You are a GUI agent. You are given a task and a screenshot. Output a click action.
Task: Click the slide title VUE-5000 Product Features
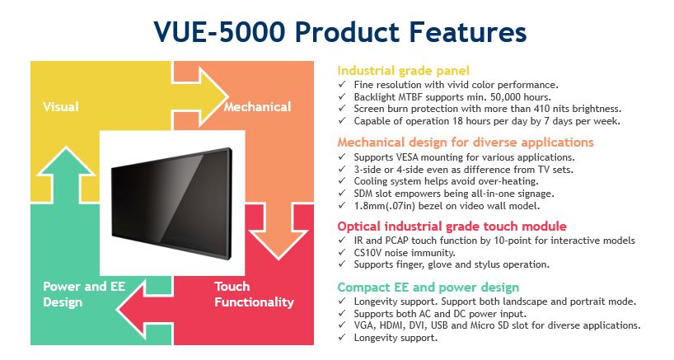tap(340, 32)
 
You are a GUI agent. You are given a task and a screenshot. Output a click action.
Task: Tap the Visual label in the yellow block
tap(61, 106)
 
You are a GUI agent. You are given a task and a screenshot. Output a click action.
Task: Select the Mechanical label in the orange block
tap(257, 106)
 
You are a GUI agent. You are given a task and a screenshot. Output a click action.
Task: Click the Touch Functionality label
tap(254, 294)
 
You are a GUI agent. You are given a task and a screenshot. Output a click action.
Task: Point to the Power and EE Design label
tap(84, 294)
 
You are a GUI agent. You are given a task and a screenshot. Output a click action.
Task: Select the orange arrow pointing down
tap(278, 231)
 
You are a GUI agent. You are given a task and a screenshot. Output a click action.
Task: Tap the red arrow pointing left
tap(145, 309)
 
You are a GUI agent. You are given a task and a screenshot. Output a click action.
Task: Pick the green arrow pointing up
tap(66, 175)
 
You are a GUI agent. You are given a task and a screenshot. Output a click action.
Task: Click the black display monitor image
tap(172, 203)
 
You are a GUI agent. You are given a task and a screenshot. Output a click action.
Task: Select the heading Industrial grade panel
tap(403, 71)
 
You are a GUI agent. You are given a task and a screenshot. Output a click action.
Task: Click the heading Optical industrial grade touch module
tap(452, 227)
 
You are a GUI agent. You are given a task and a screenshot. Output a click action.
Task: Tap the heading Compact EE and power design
tap(428, 288)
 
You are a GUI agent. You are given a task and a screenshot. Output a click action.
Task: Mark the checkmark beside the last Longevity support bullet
tap(342, 337)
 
